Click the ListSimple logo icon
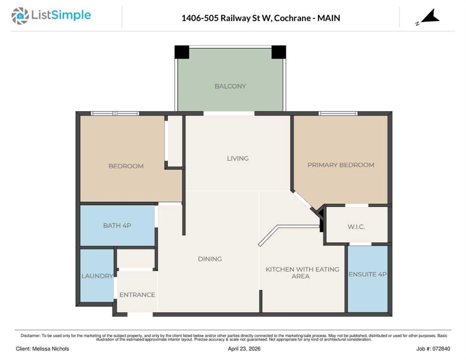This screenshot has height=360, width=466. tap(20, 16)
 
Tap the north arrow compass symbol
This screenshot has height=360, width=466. tap(428, 17)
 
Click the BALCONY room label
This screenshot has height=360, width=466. tap(230, 86)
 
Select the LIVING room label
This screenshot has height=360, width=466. tap(238, 158)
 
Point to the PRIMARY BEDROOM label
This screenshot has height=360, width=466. tap(341, 165)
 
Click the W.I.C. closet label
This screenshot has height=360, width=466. tap(356, 227)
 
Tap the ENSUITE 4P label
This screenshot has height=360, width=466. tap(368, 274)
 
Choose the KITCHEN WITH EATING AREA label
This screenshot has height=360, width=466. tap(302, 273)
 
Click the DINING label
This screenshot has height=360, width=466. tap(210, 259)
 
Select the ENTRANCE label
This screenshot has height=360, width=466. tap(137, 294)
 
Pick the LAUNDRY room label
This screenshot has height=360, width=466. tap(97, 276)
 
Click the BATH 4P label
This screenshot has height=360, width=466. tap(117, 225)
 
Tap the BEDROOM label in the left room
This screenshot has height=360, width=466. tap(126, 166)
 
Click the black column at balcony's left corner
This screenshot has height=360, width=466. tap(182, 52)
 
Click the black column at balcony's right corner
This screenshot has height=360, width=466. tap(279, 52)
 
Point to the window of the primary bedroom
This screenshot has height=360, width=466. tap(338, 113)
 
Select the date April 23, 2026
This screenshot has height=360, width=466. tap(244, 349)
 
